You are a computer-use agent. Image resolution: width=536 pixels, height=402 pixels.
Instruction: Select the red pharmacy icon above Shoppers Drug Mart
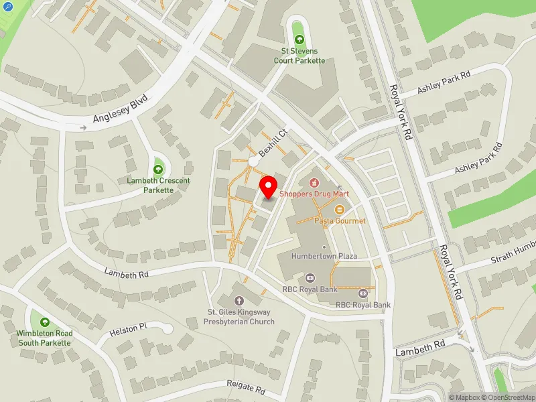click(313, 182)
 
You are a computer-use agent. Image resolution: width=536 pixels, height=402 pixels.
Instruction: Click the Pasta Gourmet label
click(340, 220)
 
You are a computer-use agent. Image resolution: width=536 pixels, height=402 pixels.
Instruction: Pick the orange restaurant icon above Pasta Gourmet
click(339, 209)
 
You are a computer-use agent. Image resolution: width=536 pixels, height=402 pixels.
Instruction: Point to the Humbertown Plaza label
click(324, 256)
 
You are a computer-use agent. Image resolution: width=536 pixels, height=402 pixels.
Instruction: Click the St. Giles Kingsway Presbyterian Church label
click(241, 317)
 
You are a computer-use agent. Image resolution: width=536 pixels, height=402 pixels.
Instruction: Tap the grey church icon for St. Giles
click(241, 302)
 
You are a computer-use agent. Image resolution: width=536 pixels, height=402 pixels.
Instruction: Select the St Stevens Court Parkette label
click(299, 56)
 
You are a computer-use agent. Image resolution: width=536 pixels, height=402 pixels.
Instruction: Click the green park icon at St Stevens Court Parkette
click(299, 40)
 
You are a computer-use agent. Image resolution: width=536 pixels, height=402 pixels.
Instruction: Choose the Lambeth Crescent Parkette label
click(159, 185)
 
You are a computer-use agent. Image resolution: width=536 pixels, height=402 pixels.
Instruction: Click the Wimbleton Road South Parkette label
click(45, 338)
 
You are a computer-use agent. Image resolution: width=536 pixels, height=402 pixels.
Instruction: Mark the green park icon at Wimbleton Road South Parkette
click(45, 322)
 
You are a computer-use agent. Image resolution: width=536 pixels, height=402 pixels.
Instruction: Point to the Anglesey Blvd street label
click(120, 109)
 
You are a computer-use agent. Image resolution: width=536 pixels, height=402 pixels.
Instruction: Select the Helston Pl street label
click(128, 329)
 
